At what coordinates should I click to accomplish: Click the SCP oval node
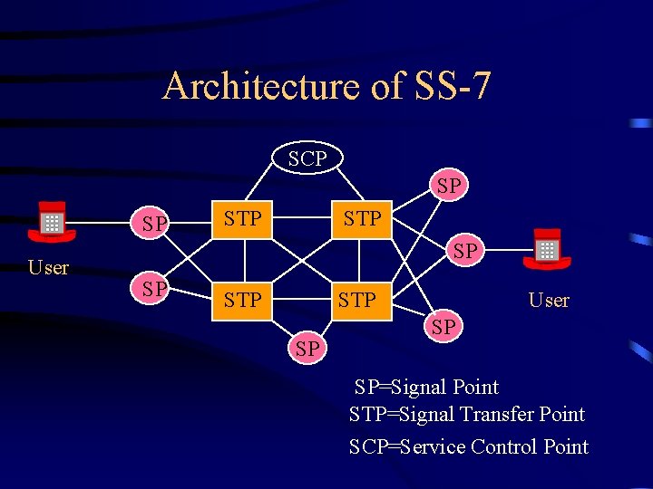pyautogui.click(x=307, y=159)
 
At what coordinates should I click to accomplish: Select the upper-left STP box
pyautogui.click(x=242, y=219)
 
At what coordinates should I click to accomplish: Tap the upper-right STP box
pyautogui.click(x=361, y=219)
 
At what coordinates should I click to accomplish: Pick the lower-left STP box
pyautogui.click(x=242, y=299)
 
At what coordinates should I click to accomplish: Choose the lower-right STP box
pyautogui.click(x=356, y=299)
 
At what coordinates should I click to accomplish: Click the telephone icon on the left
pyautogui.click(x=52, y=222)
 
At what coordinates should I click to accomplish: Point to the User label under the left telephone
pyautogui.click(x=48, y=268)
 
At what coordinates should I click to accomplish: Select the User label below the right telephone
pyautogui.click(x=549, y=301)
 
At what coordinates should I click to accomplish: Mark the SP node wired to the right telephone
pyautogui.click(x=464, y=251)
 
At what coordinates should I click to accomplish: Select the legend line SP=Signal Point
pyautogui.click(x=426, y=388)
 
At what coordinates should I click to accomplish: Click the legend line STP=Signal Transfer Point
pyautogui.click(x=467, y=415)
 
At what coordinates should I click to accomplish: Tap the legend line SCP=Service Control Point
pyautogui.click(x=469, y=446)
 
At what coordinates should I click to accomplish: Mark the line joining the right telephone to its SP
pyautogui.click(x=505, y=250)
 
